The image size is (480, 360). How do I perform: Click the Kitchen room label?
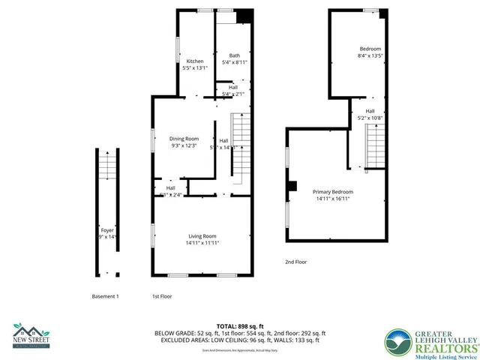pyautogui.click(x=195, y=61)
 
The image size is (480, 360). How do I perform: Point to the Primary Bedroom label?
pyautogui.click(x=333, y=192)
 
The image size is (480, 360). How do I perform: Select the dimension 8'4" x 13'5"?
pyautogui.click(x=370, y=55)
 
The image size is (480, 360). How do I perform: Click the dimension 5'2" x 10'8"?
pyautogui.click(x=370, y=118)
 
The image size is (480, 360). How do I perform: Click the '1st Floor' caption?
pyautogui.click(x=162, y=297)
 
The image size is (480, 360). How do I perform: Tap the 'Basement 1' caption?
pyautogui.click(x=105, y=297)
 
